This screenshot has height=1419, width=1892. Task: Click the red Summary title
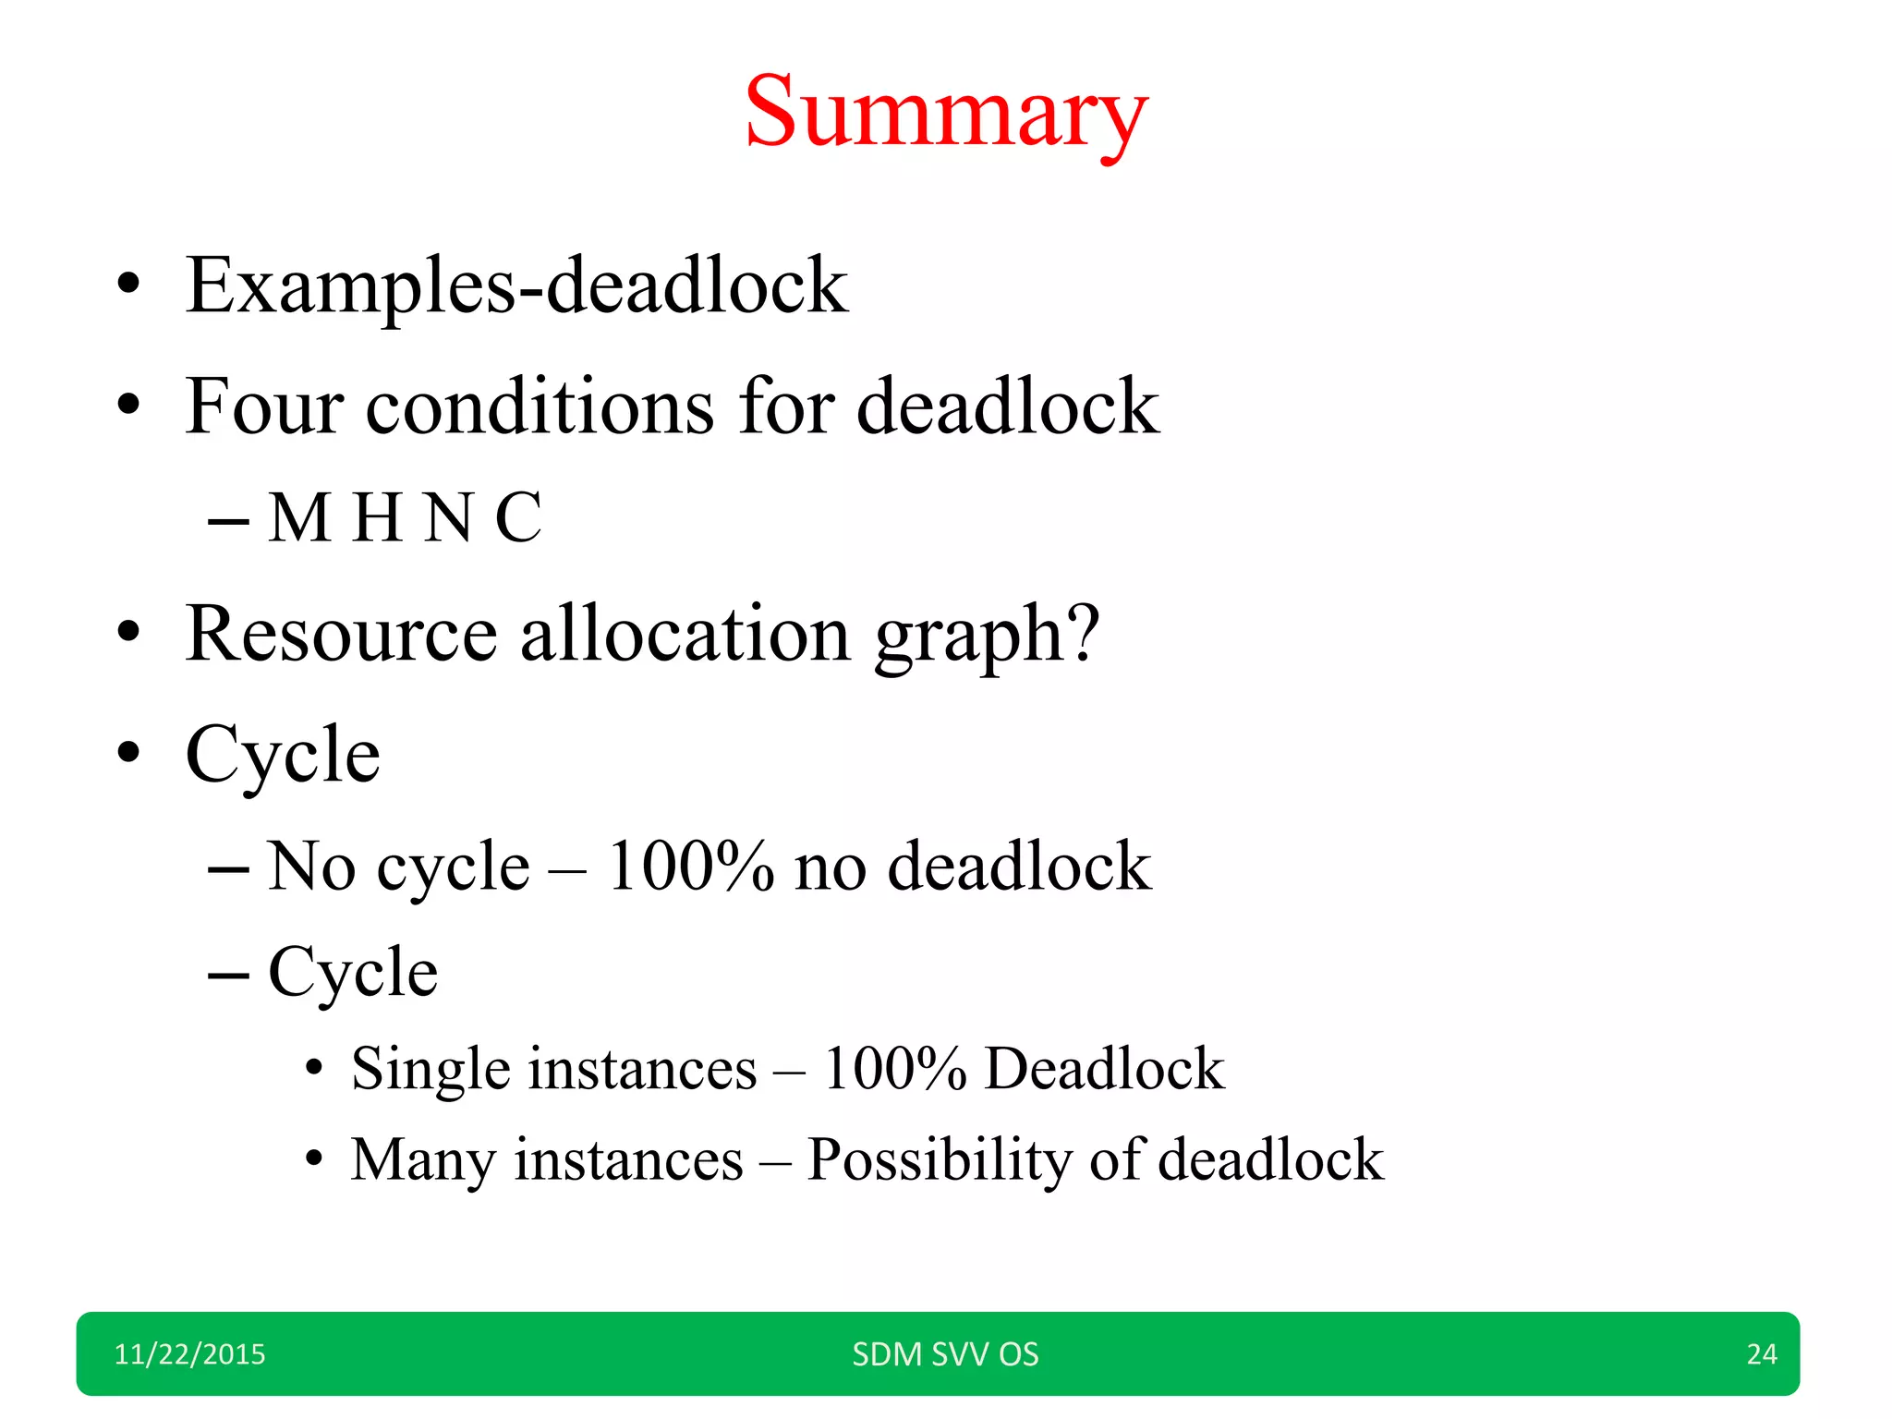click(x=946, y=113)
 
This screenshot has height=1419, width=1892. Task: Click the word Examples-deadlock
click(x=516, y=286)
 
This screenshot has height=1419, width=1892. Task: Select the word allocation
click(x=685, y=635)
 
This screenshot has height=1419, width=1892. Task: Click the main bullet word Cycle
click(x=283, y=756)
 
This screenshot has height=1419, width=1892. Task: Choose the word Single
click(x=430, y=1070)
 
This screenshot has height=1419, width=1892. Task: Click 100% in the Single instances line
click(x=894, y=1069)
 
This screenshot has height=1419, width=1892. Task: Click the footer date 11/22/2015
click(x=189, y=1354)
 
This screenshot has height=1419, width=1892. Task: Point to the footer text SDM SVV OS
click(x=945, y=1354)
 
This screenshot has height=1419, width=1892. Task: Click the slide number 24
click(x=1762, y=1354)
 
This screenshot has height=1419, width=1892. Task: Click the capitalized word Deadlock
click(x=1105, y=1069)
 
